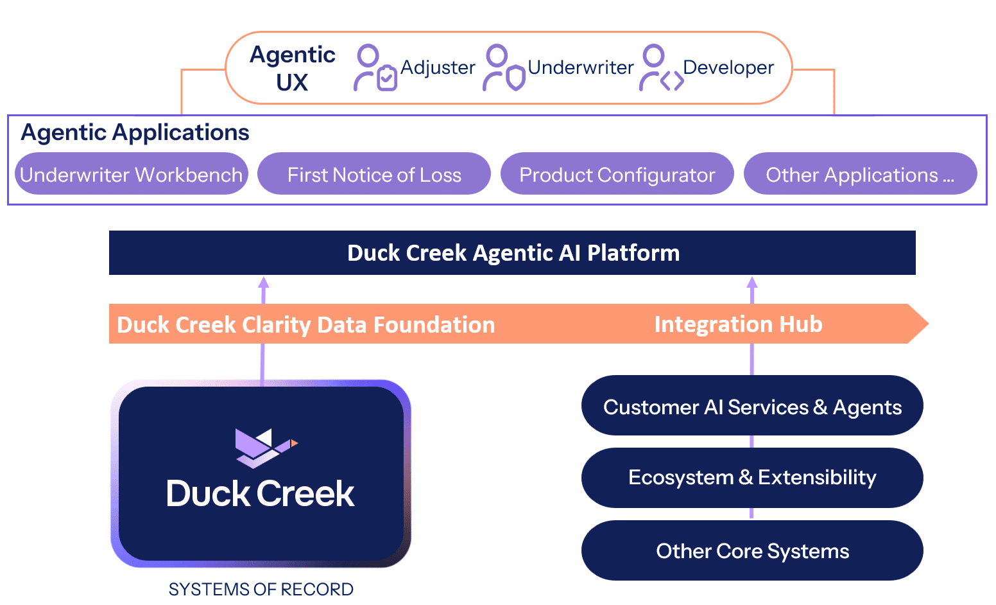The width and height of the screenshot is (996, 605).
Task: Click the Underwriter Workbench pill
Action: [132, 173]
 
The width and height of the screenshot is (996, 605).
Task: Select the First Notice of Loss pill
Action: [374, 173]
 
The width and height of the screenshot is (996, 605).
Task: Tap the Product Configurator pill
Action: [617, 173]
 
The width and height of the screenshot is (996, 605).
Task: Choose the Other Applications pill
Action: [861, 173]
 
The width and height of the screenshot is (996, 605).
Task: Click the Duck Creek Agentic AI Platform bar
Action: [512, 252]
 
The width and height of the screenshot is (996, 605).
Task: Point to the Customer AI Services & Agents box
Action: [752, 405]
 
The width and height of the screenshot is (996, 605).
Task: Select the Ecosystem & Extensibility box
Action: [752, 478]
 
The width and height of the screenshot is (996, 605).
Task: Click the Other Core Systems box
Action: [752, 550]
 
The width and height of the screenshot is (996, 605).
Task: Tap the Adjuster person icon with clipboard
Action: [375, 67]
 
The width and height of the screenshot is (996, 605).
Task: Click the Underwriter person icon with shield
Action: [504, 67]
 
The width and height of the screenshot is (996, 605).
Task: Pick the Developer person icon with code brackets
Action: [661, 67]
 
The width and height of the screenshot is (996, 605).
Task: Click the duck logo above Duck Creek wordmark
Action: [266, 448]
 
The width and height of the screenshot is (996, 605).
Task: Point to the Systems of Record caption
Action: [261, 590]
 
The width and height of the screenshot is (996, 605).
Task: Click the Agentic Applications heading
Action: [135, 132]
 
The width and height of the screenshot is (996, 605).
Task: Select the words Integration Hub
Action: [738, 324]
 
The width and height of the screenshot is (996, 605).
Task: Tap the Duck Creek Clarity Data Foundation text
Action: [306, 324]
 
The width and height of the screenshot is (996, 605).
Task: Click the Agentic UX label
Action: [292, 69]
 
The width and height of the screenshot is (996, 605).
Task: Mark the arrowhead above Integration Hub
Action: [752, 283]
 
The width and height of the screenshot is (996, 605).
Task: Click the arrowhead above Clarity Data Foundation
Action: [264, 283]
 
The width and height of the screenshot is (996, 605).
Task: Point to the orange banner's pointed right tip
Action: [929, 324]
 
